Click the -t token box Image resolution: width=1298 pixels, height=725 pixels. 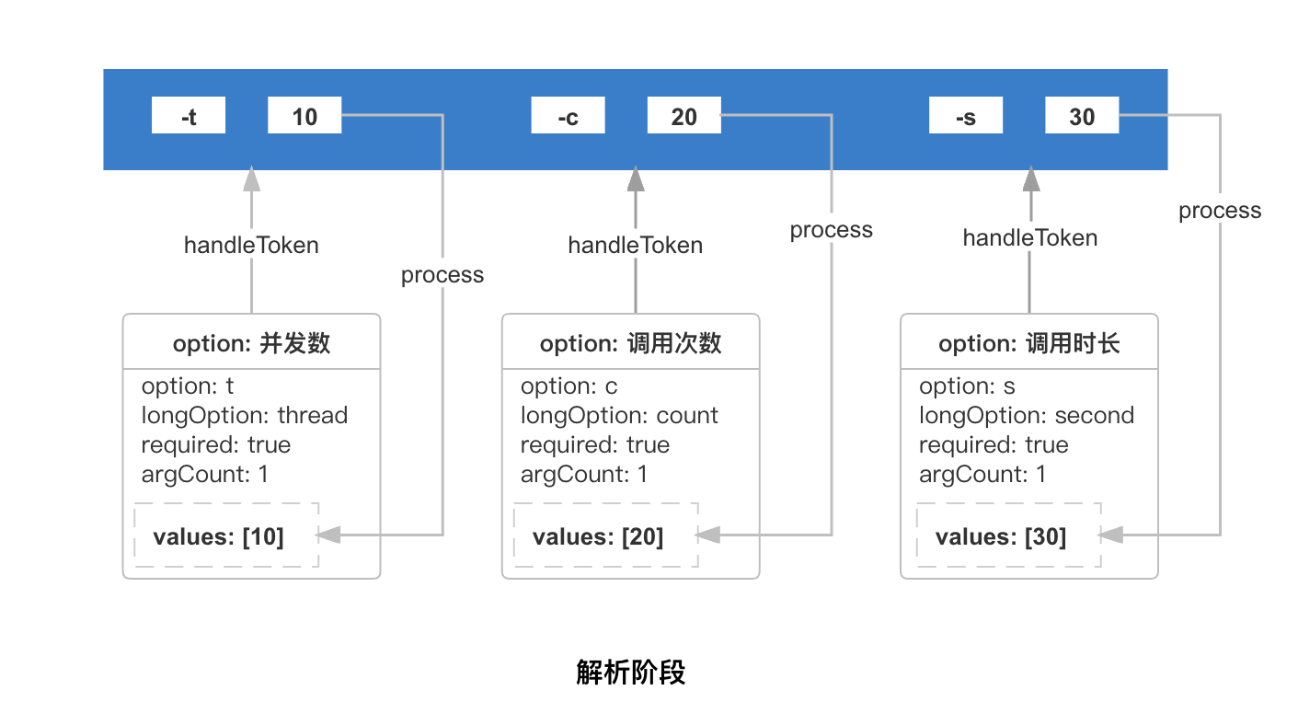click(x=189, y=115)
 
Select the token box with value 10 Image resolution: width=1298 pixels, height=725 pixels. click(x=304, y=115)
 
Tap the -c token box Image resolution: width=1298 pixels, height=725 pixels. click(x=568, y=115)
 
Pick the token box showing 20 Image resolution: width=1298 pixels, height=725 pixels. click(x=684, y=115)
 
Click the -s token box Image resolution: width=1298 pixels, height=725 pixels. click(x=966, y=115)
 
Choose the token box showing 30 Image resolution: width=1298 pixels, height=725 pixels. click(x=1082, y=115)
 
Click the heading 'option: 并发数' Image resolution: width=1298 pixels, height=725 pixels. click(x=251, y=344)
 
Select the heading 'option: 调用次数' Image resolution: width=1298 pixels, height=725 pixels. click(x=630, y=344)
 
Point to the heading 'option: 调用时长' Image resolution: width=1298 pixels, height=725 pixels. click(x=1029, y=344)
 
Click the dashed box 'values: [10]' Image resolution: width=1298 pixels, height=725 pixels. click(x=226, y=535)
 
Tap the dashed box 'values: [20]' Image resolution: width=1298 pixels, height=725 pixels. click(x=606, y=535)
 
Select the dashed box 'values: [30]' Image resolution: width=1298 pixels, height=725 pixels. click(x=1009, y=535)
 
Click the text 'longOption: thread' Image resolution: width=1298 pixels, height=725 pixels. click(x=245, y=416)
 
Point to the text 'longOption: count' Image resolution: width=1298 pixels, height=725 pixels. click(x=619, y=416)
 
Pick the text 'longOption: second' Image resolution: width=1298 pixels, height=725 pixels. click(x=1027, y=416)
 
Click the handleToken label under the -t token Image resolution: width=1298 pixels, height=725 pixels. click(x=251, y=245)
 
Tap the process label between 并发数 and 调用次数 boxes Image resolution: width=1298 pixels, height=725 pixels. click(x=442, y=275)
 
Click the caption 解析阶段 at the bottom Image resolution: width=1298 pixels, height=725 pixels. click(x=630, y=673)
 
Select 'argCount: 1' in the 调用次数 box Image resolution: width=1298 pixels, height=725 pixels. click(x=583, y=475)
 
